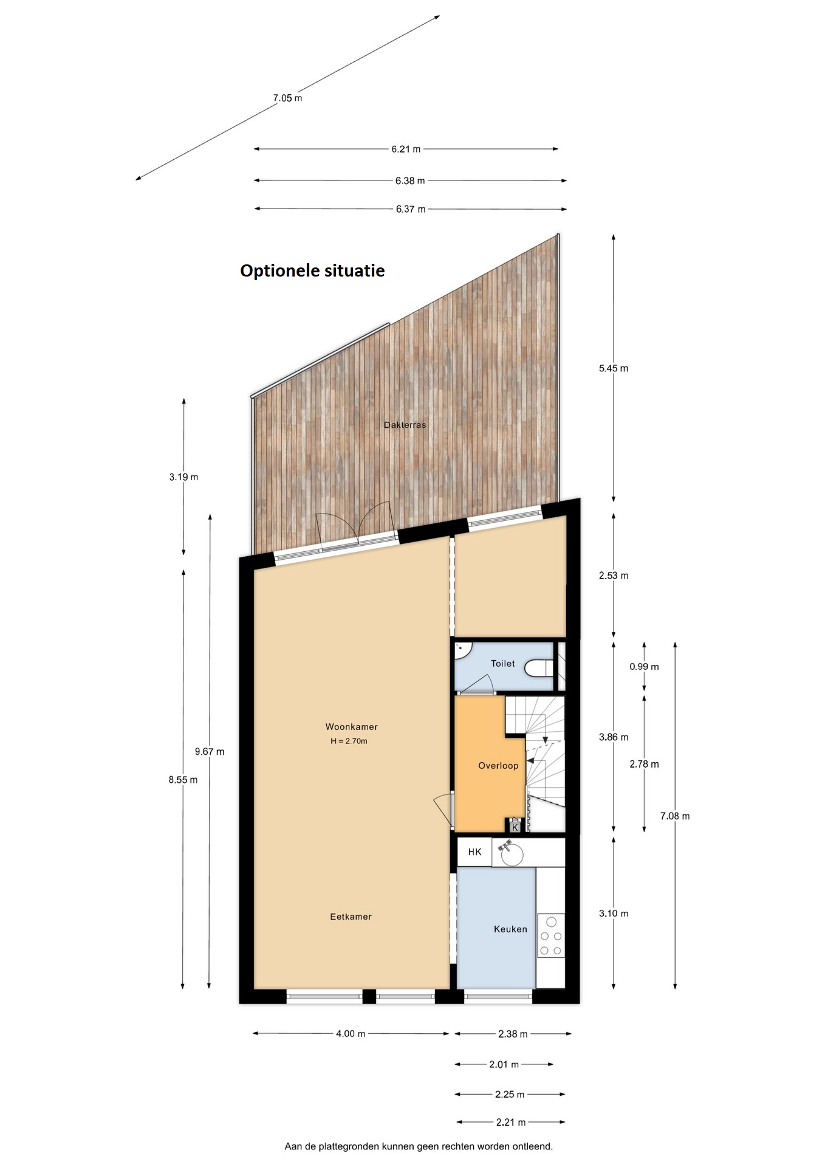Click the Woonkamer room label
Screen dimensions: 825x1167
[351, 726]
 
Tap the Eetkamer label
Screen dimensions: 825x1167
[351, 917]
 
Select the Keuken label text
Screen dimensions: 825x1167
[510, 929]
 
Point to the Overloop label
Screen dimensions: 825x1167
[498, 765]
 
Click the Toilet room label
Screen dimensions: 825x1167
[502, 663]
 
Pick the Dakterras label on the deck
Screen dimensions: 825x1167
[405, 425]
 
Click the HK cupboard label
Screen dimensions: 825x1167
[474, 852]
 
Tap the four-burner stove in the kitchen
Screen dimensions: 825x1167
[551, 935]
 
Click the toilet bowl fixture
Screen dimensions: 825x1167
[539, 668]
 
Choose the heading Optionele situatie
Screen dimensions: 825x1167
[312, 270]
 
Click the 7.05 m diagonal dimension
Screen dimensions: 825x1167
[287, 98]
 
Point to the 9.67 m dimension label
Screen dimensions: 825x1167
[210, 751]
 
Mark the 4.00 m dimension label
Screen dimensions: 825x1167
[351, 1033]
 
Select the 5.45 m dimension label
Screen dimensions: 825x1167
[614, 368]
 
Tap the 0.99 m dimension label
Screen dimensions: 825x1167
[644, 666]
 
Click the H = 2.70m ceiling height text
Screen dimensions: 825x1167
[349, 741]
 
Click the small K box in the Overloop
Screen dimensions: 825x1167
[515, 827]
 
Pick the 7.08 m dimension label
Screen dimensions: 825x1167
[675, 816]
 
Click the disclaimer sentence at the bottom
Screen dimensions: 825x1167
[419, 1146]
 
